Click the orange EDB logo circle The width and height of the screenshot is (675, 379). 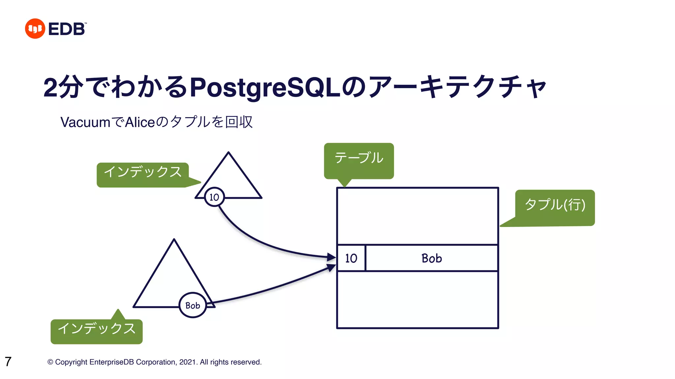pos(35,29)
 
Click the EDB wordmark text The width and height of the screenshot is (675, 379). pos(67,29)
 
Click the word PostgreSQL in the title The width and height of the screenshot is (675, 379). pos(265,88)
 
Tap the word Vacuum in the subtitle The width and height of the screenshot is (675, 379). pos(85,122)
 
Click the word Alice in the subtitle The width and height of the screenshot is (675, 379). pos(140,122)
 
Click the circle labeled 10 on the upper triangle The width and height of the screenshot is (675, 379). pos(214,197)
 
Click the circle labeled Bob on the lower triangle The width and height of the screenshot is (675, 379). pos(193,305)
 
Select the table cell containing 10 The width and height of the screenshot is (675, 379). pos(351,258)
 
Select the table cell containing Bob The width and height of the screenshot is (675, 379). pos(431,258)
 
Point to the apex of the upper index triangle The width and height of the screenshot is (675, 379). pos(228,153)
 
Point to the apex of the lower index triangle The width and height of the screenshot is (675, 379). pos(174,240)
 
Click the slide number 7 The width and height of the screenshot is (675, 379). pos(8,362)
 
